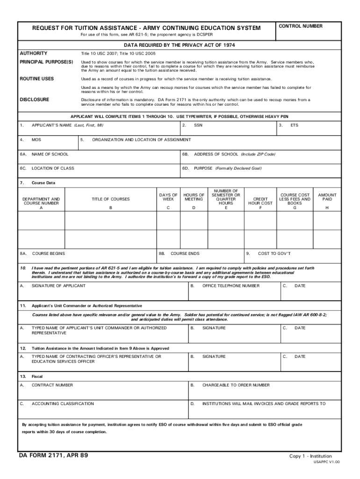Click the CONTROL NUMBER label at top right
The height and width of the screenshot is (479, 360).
tap(300, 26)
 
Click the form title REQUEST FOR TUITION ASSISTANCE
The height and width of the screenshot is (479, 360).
tap(146, 28)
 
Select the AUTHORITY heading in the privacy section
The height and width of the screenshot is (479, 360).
tap(33, 53)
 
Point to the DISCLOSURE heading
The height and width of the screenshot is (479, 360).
tap(35, 100)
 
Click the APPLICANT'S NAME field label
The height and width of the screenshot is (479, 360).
tap(67, 125)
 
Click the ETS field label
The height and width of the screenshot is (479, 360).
tap(294, 125)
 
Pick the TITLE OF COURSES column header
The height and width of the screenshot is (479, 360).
tap(111, 199)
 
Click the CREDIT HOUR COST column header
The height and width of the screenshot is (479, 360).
tap(260, 201)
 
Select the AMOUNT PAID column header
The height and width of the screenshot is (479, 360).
tap(327, 197)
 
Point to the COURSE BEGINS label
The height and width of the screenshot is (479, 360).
tap(48, 254)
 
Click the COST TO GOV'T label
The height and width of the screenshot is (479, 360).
tap(274, 254)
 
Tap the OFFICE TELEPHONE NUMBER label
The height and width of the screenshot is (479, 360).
tap(230, 285)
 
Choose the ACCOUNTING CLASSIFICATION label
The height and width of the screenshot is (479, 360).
tap(63, 403)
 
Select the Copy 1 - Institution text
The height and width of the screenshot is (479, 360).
tap(310, 456)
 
